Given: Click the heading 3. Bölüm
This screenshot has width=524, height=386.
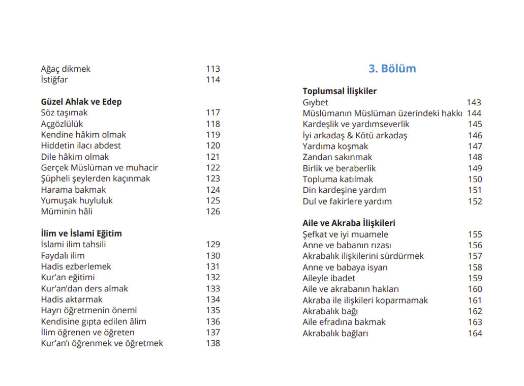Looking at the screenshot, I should tap(392, 69).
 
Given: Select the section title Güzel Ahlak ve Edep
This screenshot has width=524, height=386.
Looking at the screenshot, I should tap(81, 102).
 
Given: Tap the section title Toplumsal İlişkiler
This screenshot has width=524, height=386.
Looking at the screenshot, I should tap(340, 91).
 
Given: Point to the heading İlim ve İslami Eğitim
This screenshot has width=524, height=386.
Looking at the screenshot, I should tap(81, 233).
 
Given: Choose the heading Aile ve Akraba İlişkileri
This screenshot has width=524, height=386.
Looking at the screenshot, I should tap(349, 223).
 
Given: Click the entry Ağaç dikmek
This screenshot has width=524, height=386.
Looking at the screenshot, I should tap(66, 69).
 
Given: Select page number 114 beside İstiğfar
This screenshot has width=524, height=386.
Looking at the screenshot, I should tap(213, 80).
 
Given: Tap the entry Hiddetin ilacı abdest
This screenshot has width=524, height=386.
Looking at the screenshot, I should tap(81, 145).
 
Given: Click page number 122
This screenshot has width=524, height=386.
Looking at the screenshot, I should tap(213, 168).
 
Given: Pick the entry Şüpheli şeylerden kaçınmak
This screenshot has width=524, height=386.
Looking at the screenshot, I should tap(96, 179).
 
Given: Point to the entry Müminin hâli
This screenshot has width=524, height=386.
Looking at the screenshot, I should tap(67, 212).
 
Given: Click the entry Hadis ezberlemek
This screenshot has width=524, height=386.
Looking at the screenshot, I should tap(76, 266).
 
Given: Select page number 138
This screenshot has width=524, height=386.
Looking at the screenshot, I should tap(213, 343).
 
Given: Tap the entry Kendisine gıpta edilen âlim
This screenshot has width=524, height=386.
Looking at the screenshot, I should tap(94, 321).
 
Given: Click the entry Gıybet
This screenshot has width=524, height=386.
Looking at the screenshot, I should tap(315, 102).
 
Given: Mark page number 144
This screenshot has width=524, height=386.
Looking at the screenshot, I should tap(474, 113).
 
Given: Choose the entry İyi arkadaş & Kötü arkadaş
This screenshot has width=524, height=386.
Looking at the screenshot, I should tap(355, 135).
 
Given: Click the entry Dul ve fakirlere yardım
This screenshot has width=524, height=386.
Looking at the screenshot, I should tap(347, 201).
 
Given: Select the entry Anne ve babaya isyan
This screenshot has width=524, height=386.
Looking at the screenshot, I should tap(345, 267).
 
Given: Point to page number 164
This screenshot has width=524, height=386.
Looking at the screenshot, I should tap(475, 334).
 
